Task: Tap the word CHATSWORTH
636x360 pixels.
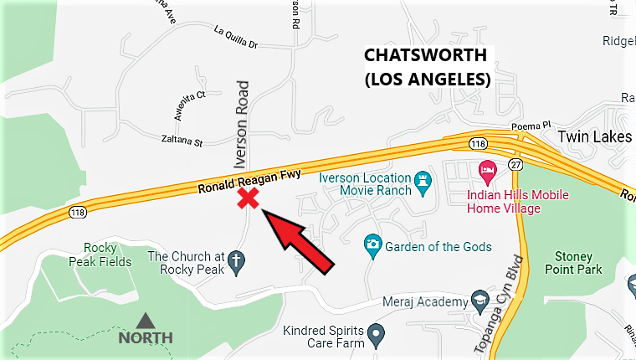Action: coord(425,57)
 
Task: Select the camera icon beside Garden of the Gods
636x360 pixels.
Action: coord(372,246)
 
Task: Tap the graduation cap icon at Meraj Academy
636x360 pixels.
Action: coord(480,301)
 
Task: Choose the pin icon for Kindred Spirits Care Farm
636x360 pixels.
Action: coord(376,335)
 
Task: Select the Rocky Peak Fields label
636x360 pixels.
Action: coord(107,255)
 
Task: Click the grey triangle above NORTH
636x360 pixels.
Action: coord(146,321)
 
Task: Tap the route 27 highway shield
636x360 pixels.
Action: coord(515,163)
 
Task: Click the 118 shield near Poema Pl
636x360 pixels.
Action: coord(478,144)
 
